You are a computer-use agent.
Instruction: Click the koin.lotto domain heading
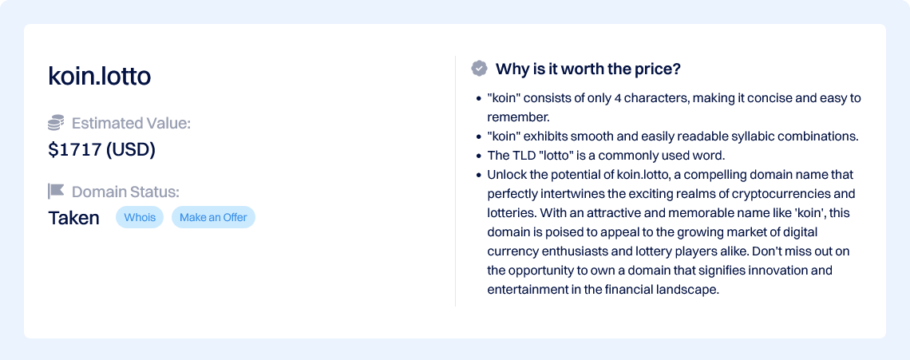point(99,77)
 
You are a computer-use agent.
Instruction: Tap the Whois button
point(140,217)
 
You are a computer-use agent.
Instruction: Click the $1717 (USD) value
point(101,150)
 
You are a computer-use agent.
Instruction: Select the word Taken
point(73,218)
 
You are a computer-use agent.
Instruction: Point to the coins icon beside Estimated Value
point(56,123)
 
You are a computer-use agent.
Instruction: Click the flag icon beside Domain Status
point(56,191)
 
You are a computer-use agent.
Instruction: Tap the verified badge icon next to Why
point(479,69)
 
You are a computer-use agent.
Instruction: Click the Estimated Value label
point(131,123)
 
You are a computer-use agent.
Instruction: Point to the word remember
point(518,117)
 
